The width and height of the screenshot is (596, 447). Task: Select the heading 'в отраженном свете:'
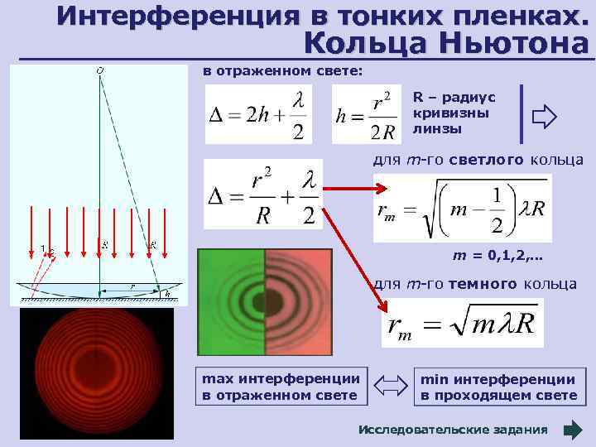click(x=283, y=71)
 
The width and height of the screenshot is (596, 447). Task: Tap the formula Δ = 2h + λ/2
click(x=258, y=114)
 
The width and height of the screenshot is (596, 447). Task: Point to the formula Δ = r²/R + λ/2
click(x=262, y=194)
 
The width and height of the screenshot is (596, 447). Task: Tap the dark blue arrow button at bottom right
click(x=573, y=430)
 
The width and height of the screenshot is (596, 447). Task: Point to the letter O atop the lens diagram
click(x=100, y=71)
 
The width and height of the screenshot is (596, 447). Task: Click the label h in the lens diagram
click(x=169, y=293)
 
